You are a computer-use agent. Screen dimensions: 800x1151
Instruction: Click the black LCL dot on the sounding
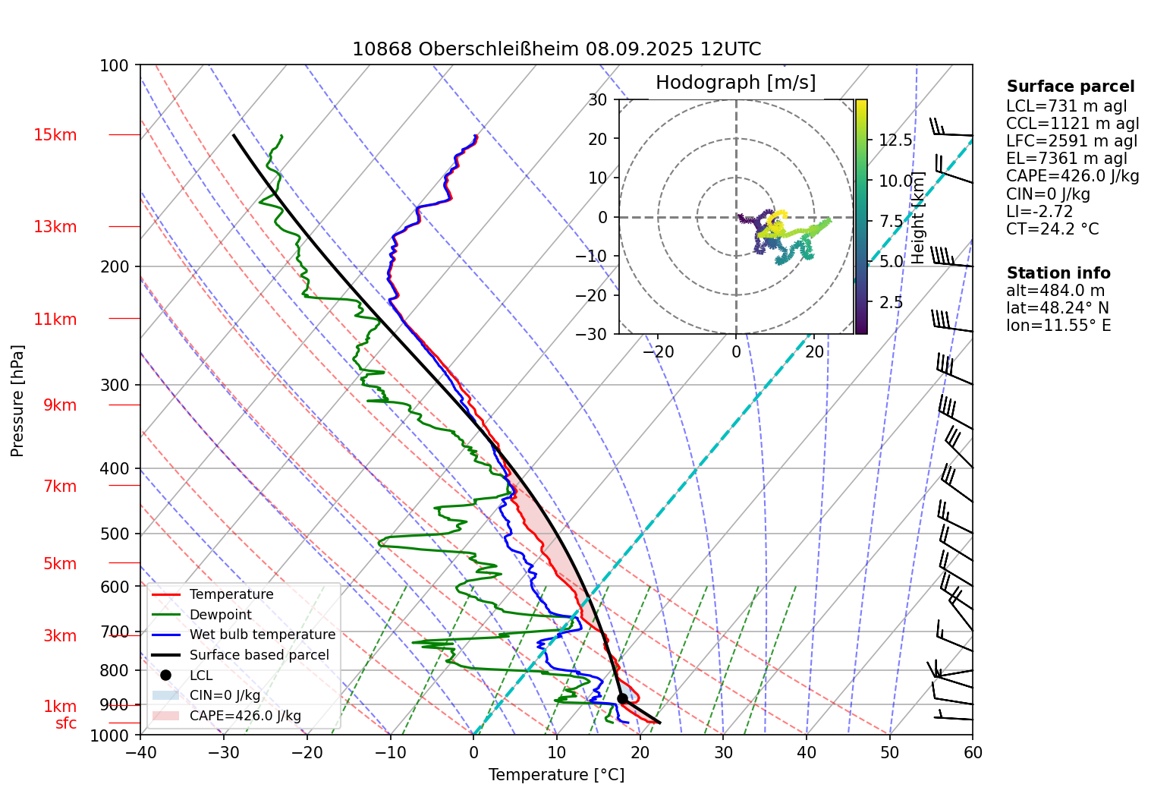point(622,698)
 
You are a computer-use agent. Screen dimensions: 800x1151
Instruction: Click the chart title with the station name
point(556,49)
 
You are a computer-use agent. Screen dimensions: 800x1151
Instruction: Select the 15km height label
point(55,135)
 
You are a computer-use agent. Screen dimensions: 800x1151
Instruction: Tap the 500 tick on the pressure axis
point(115,534)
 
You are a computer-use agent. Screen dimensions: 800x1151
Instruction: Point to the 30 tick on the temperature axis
point(723,752)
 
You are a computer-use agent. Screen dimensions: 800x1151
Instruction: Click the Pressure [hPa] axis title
point(17,401)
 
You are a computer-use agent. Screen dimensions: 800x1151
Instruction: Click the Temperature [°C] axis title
point(556,775)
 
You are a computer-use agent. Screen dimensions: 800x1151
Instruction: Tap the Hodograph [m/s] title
point(735,83)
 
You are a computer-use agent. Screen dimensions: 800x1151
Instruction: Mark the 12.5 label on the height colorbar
point(895,140)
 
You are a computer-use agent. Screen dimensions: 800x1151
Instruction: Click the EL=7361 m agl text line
point(1066,159)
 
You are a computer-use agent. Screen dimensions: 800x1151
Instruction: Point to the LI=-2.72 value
point(1039,212)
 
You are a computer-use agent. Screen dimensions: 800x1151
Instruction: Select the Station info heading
point(1058,273)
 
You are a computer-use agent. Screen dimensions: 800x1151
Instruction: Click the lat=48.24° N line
point(1057,308)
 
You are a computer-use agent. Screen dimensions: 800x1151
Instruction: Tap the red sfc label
point(66,723)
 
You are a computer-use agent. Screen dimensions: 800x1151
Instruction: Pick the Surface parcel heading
point(1070,87)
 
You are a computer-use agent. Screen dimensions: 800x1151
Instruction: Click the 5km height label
point(60,563)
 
